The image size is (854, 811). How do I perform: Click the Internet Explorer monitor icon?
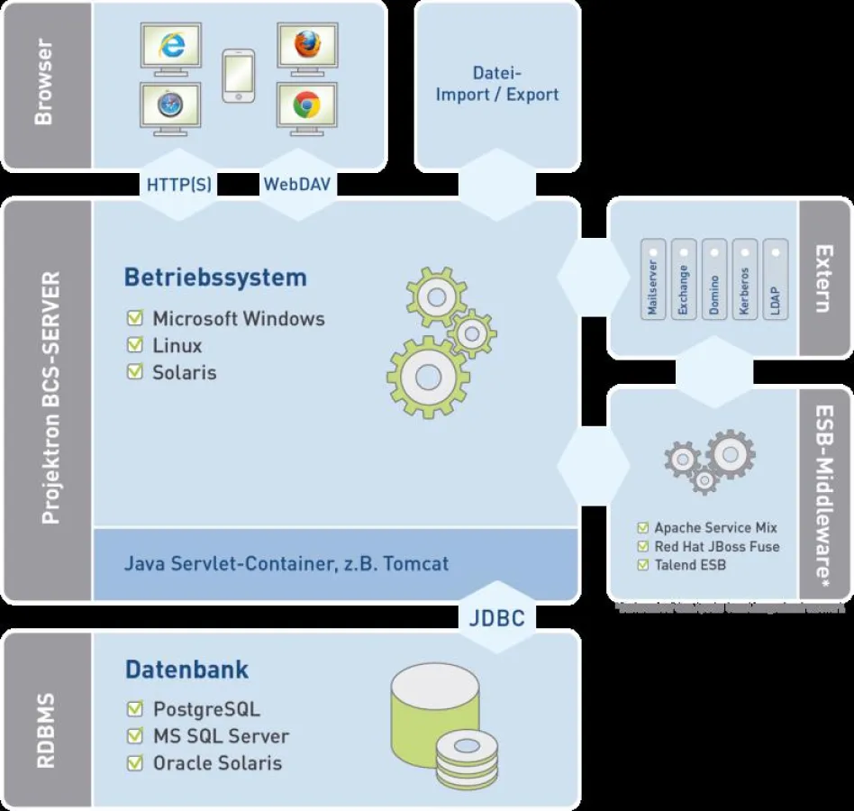pos(171,49)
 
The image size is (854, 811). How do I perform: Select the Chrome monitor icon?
pos(306,109)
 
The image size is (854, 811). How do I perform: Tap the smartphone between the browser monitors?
pos(239,77)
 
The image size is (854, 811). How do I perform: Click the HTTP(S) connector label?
pos(178,185)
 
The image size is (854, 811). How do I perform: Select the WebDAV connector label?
pos(296,185)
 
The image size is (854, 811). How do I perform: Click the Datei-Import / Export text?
pos(497,84)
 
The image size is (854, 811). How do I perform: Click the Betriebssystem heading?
pos(215,277)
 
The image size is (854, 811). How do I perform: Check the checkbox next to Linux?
pos(135,345)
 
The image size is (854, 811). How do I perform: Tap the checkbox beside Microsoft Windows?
pos(135,318)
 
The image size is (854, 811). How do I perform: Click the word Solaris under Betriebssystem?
pos(184,372)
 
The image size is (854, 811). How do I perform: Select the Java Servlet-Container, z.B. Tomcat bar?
pos(286,564)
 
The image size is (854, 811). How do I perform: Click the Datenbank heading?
pos(186,670)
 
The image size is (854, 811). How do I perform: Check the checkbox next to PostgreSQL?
pos(135,709)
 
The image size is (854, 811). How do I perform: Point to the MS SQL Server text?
pos(221,736)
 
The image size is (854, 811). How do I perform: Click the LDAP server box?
pos(775,279)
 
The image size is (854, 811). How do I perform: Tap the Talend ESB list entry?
pos(689,565)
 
